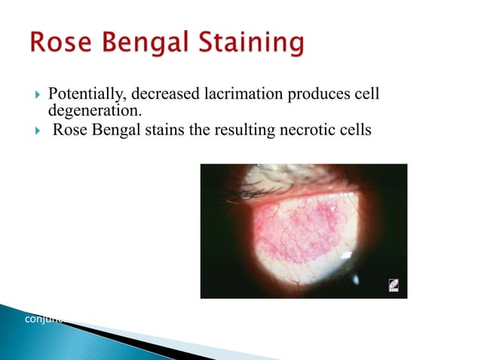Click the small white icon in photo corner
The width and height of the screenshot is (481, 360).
(x=393, y=285)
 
